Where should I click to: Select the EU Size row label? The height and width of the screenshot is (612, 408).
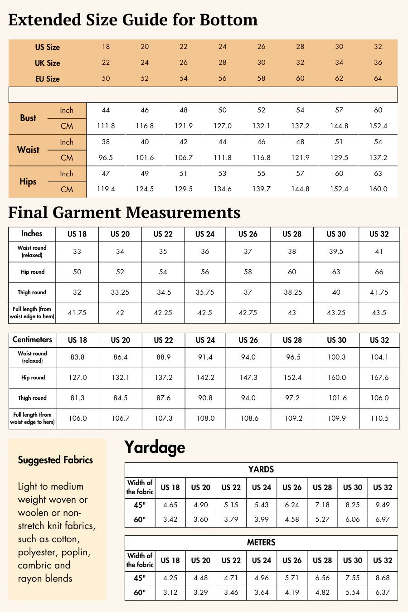click(x=48, y=79)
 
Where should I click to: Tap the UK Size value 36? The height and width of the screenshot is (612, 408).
click(x=378, y=63)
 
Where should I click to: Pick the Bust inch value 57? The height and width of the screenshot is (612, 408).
click(x=339, y=110)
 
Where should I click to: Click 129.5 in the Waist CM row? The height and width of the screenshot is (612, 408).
click(x=339, y=158)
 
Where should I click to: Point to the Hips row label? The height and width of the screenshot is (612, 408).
click(x=28, y=182)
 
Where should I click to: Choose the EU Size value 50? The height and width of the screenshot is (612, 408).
click(x=106, y=78)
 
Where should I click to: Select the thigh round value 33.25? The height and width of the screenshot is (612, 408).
click(x=120, y=292)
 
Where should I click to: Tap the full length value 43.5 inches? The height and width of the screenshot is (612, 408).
click(x=379, y=313)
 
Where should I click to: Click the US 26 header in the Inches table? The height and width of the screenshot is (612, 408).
click(x=248, y=234)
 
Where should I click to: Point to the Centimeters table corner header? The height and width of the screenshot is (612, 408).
click(x=32, y=340)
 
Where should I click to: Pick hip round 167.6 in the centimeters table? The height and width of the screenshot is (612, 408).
click(x=379, y=378)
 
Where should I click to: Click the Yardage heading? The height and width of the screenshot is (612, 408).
click(x=155, y=447)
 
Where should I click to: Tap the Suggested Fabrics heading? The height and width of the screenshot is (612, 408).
click(x=55, y=460)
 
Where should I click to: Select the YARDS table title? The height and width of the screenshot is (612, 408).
click(x=261, y=470)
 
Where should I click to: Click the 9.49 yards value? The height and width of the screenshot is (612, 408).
click(x=383, y=505)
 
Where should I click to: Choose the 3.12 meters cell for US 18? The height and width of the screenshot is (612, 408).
click(x=170, y=593)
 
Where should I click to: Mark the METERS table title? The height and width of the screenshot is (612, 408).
click(x=261, y=543)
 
